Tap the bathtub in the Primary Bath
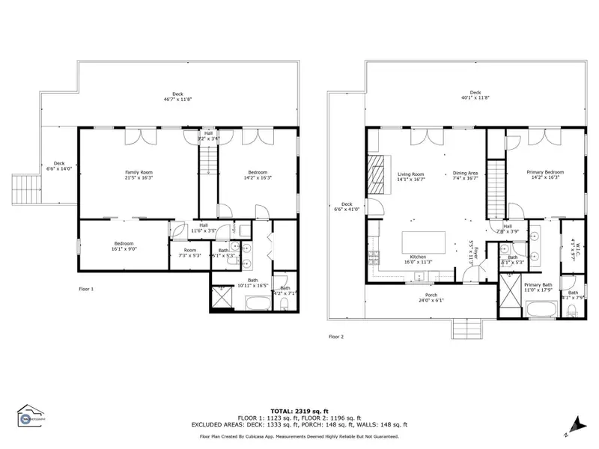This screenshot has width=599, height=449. coord(540,308)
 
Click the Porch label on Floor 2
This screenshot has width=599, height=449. coord(431,297)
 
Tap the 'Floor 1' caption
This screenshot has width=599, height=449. coord(87,288)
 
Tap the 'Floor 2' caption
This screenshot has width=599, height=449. coord(336,337)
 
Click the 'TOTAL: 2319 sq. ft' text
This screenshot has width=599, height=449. coord(299,411)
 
